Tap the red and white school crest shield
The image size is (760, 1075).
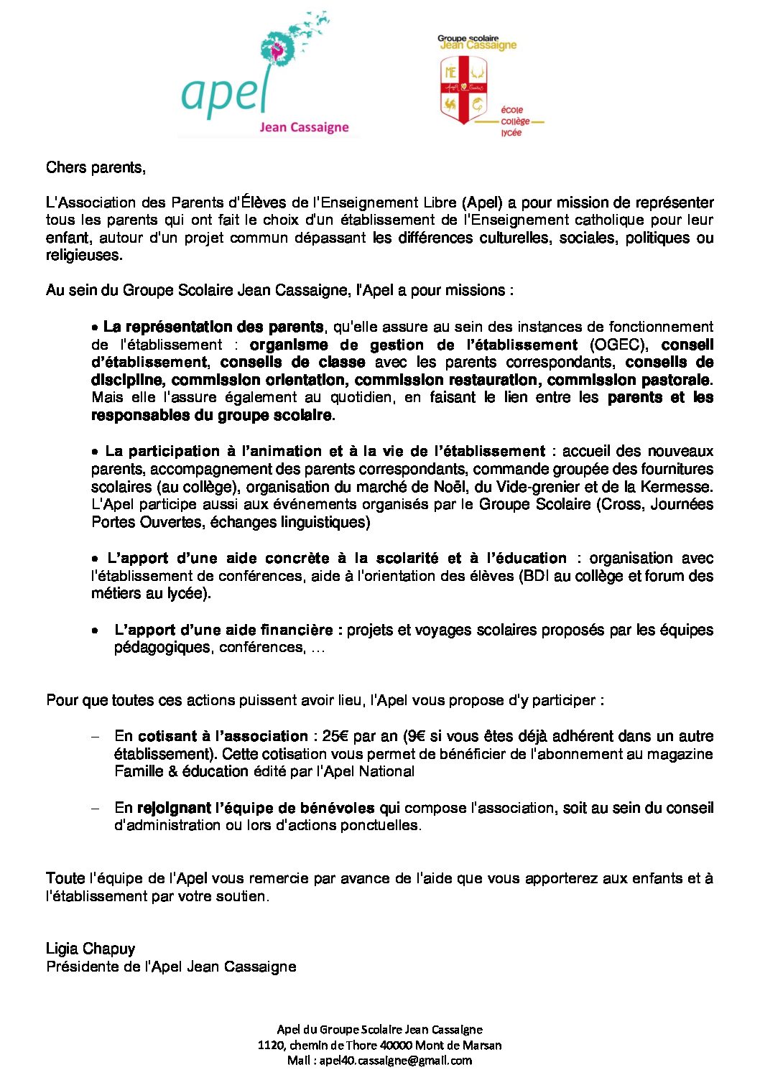coord(463,89)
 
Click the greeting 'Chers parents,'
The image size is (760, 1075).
coord(96,167)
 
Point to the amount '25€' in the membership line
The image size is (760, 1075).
coord(335,736)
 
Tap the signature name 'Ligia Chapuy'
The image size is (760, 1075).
coord(91,949)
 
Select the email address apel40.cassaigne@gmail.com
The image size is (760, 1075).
coord(396,1060)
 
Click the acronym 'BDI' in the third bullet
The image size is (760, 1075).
coord(537,576)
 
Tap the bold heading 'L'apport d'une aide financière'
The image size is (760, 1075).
coord(223,630)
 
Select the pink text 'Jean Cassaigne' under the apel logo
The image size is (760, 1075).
coord(304,128)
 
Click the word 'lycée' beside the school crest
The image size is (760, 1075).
coord(511,133)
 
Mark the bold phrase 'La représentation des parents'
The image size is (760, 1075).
coord(213,327)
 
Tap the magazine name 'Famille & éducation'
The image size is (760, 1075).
coord(182,771)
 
